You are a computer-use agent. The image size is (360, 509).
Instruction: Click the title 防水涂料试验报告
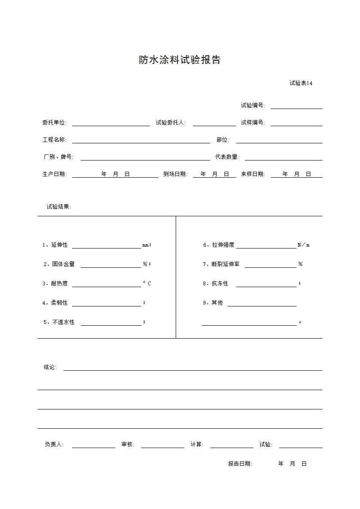coord(180,60)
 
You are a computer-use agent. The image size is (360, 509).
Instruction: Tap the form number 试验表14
coord(301,83)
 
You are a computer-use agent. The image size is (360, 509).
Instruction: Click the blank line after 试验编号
coord(296,106)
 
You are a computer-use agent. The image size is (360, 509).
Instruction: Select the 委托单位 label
coord(54,123)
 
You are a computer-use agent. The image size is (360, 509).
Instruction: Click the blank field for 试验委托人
coord(214,123)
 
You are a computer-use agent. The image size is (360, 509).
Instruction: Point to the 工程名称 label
coord(54,140)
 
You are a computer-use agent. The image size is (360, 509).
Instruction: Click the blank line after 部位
coord(279,140)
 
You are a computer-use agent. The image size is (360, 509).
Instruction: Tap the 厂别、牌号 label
coord(58,157)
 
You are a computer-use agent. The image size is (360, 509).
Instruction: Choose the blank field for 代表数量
coord(283,158)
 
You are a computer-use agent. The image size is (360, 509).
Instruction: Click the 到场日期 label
coord(175,174)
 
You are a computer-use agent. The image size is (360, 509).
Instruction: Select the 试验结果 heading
coord(58,207)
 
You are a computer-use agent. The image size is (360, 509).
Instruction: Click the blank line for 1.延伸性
coord(106,245)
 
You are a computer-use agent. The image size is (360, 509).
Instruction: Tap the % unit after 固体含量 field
coord(145,264)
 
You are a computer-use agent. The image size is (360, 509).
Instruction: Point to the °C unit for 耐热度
coord(147,284)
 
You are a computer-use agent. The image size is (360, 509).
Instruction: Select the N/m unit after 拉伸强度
coord(303,245)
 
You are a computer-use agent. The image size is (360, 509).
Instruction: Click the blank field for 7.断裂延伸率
coord(270,265)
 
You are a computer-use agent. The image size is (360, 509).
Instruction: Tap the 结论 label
coord(50,367)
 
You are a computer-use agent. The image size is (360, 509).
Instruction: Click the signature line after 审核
coord(162,445)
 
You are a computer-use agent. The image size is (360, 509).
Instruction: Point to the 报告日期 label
coord(240,464)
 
